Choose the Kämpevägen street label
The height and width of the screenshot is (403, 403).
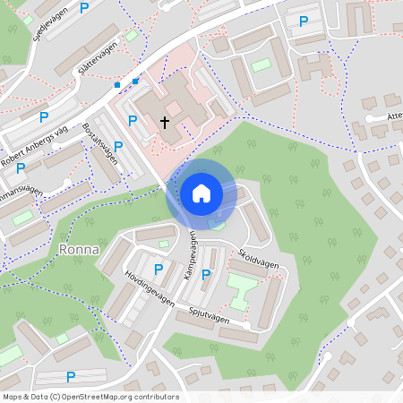pyautogui.click(x=190, y=257)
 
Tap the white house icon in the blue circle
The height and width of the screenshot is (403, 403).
pyautogui.click(x=201, y=193)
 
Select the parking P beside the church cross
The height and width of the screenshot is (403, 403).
pyautogui.click(x=133, y=120)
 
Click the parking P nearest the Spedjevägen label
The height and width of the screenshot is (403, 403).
pyautogui.click(x=84, y=9)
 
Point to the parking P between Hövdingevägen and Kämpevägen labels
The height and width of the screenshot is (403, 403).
pyautogui.click(x=159, y=269)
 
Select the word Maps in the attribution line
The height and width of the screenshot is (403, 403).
pyautogui.click(x=13, y=396)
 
